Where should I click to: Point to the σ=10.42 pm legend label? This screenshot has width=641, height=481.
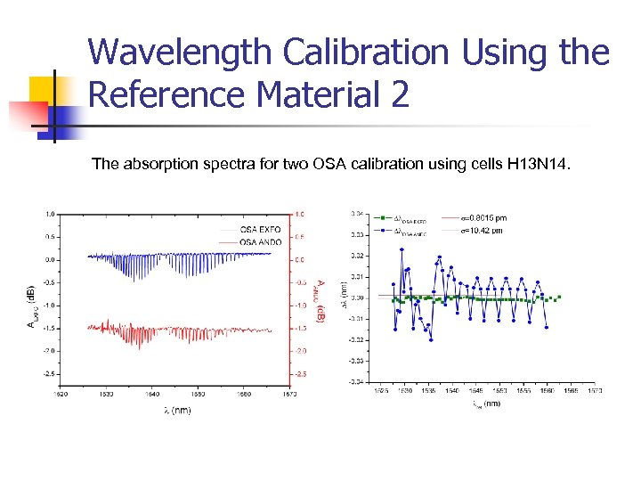point(483,230)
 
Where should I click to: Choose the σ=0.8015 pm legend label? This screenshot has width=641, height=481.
point(484,217)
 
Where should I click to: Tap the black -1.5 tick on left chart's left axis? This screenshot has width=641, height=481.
point(51,328)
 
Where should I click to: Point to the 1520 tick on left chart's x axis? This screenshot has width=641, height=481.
point(60,393)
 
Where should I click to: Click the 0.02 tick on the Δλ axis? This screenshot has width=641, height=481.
point(356,256)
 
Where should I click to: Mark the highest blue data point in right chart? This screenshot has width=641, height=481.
point(402,249)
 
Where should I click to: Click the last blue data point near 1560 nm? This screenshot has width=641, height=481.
point(546,327)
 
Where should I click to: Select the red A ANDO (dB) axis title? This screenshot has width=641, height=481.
point(319,301)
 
